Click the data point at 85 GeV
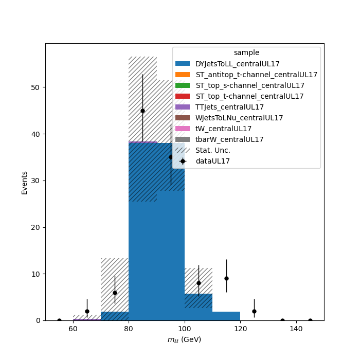click(142, 111)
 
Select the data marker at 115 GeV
click(226, 279)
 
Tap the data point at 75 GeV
click(115, 293)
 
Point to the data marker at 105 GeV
click(199, 283)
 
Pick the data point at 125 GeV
click(254, 311)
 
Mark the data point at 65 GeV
click(87, 311)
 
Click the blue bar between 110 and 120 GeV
click(226, 316)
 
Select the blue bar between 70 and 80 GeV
click(115, 316)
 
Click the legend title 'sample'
click(246, 52)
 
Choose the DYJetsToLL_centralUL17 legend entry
click(227, 64)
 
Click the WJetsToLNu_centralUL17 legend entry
click(229, 118)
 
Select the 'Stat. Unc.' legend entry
click(203, 150)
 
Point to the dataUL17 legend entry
click(203, 161)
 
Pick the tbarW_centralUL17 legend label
click(229, 139)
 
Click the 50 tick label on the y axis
click(35, 87)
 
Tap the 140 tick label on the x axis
click(296, 329)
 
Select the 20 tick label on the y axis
click(35, 227)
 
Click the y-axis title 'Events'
click(24, 183)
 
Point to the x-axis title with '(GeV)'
click(184, 339)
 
